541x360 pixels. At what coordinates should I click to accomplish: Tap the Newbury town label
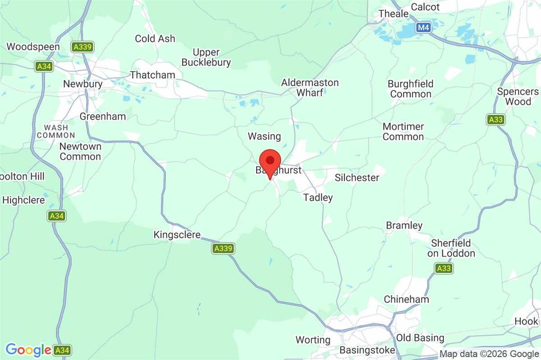(x=83, y=84)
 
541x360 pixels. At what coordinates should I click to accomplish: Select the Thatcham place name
(x=152, y=75)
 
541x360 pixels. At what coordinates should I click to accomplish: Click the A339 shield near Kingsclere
(x=223, y=248)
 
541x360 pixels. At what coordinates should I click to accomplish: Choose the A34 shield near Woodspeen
(x=43, y=67)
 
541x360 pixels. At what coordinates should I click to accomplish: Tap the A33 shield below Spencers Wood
(x=495, y=120)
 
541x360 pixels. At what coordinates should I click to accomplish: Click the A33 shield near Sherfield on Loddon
(x=444, y=269)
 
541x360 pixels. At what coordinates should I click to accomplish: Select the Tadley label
(x=318, y=198)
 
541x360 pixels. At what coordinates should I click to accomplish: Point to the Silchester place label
(x=357, y=178)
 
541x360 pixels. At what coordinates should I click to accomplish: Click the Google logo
(x=28, y=350)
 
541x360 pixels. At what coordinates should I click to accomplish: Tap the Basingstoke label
(x=367, y=350)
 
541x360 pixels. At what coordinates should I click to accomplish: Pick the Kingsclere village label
(x=177, y=235)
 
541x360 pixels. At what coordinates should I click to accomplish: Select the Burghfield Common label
(x=411, y=89)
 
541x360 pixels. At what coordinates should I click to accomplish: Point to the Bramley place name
(x=404, y=226)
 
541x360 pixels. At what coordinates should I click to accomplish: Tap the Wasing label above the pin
(x=264, y=136)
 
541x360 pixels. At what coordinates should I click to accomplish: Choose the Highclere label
(x=23, y=200)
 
